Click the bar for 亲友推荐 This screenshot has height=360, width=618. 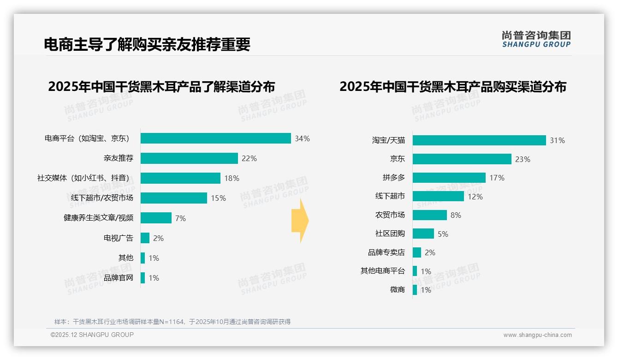(189, 158)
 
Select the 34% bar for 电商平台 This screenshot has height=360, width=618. (215, 138)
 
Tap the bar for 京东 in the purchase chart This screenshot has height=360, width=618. (462, 159)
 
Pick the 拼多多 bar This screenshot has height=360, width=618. (449, 178)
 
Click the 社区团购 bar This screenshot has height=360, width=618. (423, 234)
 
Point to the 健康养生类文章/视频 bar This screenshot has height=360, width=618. (156, 218)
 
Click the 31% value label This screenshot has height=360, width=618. (557, 140)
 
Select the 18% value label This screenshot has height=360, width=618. (232, 178)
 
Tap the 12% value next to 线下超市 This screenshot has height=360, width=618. (475, 197)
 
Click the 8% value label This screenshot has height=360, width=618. (456, 215)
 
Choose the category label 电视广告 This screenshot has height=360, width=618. (119, 238)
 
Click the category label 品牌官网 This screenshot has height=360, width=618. (119, 278)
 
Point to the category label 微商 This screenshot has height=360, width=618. (397, 290)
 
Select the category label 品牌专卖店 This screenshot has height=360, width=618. (386, 252)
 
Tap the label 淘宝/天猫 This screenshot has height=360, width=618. (388, 140)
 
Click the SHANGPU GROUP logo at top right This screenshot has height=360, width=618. (536, 39)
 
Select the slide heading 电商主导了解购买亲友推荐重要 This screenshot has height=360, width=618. (147, 44)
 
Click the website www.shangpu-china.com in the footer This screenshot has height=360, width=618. (537, 335)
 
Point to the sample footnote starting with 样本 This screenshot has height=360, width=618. (172, 322)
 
